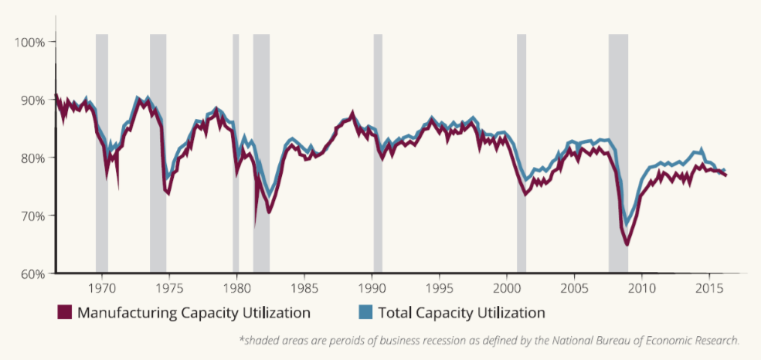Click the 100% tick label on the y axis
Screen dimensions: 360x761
[29, 42]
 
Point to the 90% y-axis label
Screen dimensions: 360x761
[31, 100]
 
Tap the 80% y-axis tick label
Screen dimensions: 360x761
[31, 158]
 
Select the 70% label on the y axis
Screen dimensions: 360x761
[31, 216]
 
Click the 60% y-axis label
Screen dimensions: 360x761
[31, 273]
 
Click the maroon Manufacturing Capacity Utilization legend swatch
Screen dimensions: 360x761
[64, 313]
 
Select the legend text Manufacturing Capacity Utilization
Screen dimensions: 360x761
[194, 313]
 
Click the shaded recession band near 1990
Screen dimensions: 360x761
[378, 155]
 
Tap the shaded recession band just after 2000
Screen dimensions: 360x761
[521, 155]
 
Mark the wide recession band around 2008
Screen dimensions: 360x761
[618, 155]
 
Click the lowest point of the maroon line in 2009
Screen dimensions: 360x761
[627, 244]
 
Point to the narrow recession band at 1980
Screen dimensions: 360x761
[236, 155]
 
